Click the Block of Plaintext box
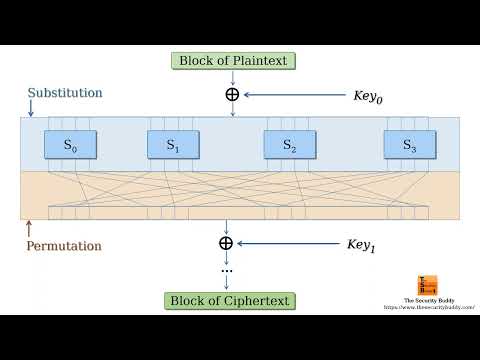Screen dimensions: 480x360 (233, 61)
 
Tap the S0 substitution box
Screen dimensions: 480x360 (69, 145)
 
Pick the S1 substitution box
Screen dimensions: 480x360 (173, 145)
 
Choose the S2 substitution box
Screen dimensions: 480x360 (289, 145)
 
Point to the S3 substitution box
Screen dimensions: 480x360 (408, 145)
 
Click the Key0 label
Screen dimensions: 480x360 (368, 96)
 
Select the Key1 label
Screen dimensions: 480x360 (361, 243)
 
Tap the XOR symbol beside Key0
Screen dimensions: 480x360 (232, 95)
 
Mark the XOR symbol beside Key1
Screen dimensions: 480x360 (225, 243)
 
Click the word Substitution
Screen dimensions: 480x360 (65, 93)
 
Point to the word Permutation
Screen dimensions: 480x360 (65, 245)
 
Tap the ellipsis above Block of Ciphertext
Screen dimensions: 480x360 (226, 270)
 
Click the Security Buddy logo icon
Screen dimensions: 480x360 (426, 285)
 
